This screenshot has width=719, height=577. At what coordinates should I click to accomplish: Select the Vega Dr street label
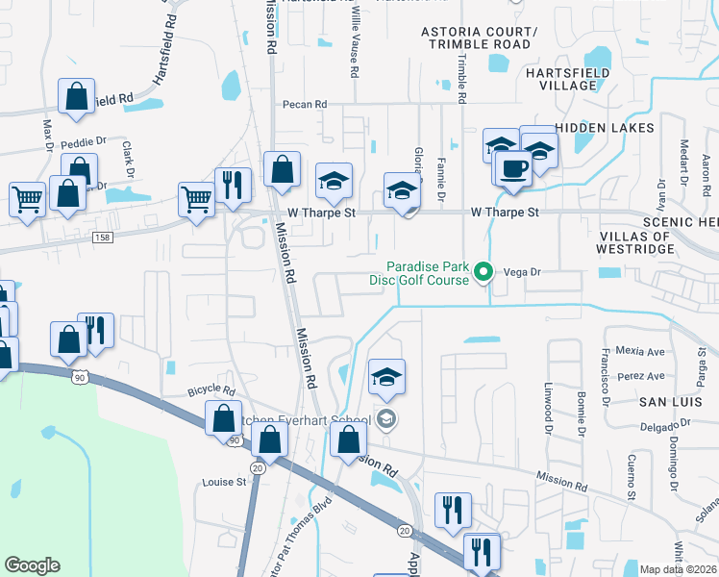[524, 272]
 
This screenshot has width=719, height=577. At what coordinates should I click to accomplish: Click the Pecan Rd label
[305, 104]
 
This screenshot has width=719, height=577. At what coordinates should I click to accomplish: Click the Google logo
[32, 565]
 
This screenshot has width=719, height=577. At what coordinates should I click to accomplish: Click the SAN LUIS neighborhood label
[673, 399]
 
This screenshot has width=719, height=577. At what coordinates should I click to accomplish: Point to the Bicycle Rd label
[211, 391]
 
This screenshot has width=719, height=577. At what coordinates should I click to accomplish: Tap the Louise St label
[224, 482]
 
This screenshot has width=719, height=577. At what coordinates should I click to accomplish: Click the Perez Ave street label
[641, 375]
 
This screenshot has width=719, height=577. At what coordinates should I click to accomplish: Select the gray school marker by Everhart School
[385, 418]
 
